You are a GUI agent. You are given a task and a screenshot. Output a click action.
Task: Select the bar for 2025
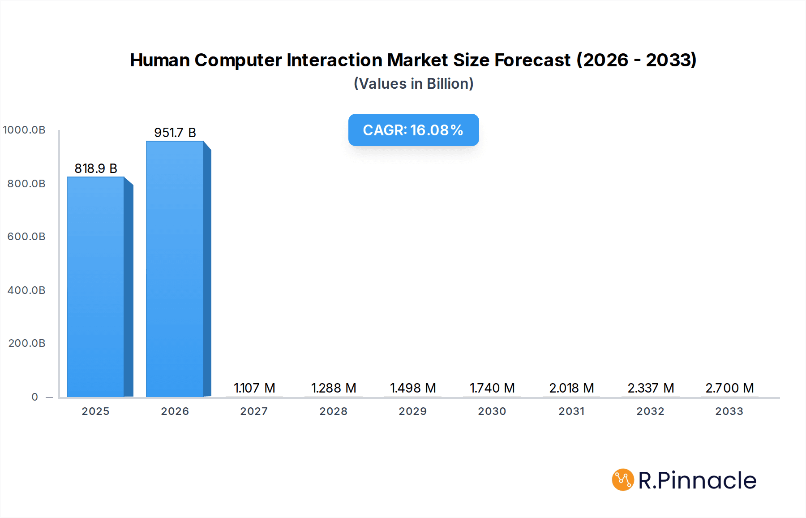(x=96, y=287)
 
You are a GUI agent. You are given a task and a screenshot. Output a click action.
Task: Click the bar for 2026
(x=175, y=269)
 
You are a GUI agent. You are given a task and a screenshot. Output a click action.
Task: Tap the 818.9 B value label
(x=96, y=168)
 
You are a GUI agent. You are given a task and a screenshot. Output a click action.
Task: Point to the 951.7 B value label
(x=175, y=133)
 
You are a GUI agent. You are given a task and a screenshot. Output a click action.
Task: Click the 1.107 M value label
(x=254, y=388)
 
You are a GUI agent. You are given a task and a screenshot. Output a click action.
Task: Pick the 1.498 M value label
(x=413, y=388)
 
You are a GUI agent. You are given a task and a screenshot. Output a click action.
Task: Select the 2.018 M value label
(x=571, y=388)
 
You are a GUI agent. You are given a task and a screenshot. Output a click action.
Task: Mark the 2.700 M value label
(x=730, y=388)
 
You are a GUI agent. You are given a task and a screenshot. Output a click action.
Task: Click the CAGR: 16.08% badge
(x=413, y=130)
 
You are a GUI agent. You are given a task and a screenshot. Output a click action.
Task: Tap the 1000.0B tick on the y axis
(x=24, y=130)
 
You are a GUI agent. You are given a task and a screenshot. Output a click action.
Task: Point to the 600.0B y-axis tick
(x=26, y=237)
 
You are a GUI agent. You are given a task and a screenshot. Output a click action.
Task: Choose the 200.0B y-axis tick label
(x=27, y=343)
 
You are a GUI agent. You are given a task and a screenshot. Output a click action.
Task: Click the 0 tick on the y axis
(x=35, y=397)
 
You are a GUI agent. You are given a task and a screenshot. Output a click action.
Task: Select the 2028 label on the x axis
(x=334, y=411)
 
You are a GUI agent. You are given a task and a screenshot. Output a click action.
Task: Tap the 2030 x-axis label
(x=492, y=411)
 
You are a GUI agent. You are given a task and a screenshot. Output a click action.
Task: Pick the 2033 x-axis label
(x=729, y=411)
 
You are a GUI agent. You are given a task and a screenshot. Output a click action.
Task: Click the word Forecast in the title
(x=532, y=60)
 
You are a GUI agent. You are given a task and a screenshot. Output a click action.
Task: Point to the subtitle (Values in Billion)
(x=413, y=84)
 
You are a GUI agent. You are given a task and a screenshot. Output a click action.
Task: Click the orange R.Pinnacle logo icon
(x=623, y=480)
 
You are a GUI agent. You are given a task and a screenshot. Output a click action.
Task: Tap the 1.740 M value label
(x=492, y=388)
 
